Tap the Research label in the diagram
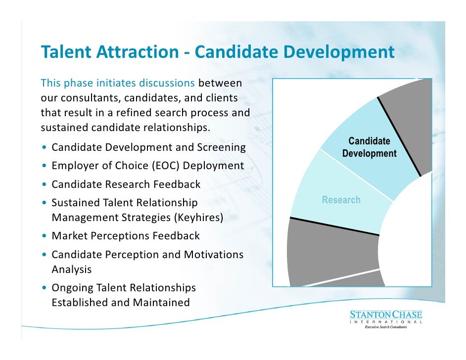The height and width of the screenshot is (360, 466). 341,200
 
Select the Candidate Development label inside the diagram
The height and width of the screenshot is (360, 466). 369,147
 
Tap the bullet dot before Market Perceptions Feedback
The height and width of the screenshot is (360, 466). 45,236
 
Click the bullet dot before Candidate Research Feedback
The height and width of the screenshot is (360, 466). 45,185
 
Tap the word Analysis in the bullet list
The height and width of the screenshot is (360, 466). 71,270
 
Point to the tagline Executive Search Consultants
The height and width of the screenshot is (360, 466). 385,327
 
